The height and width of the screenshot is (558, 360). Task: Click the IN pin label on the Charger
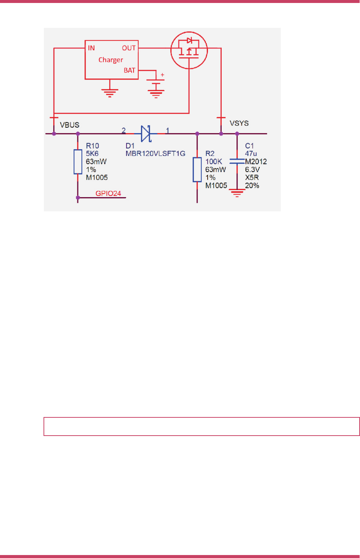point(91,48)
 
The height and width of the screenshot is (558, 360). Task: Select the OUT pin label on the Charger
point(129,48)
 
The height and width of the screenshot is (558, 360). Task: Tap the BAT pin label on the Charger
point(129,71)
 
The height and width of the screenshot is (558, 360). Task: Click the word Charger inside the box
point(110,60)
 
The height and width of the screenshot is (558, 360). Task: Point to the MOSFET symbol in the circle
point(189,50)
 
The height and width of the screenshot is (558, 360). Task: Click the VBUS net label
point(70,125)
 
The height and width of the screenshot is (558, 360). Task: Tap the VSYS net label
point(239,123)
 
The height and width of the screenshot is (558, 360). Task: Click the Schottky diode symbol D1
point(146,134)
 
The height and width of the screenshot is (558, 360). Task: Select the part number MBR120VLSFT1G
point(155,153)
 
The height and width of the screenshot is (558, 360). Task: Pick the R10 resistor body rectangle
point(78,162)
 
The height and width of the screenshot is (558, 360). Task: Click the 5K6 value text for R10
point(92,153)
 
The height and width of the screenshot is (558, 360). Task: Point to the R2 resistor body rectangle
point(197,170)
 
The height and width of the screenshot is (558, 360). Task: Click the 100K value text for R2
point(213,161)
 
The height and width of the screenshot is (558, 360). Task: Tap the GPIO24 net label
point(108,193)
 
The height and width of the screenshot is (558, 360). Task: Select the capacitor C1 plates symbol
point(237,161)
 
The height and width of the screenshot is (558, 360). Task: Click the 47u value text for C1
point(251,153)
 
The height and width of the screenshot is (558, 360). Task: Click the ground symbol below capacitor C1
point(237,193)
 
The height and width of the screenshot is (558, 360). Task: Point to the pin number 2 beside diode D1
point(123,130)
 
